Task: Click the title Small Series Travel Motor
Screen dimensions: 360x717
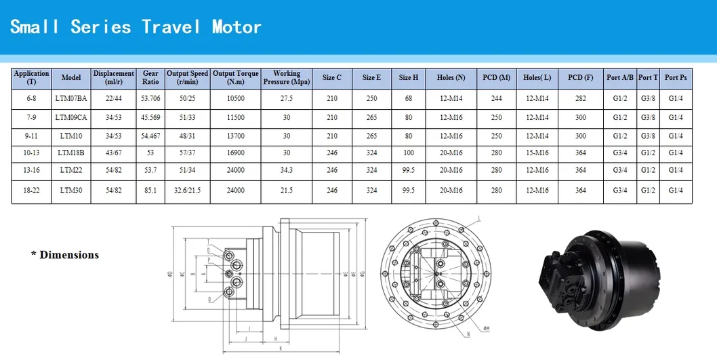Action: click(x=136, y=27)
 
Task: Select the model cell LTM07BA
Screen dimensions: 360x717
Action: click(x=71, y=98)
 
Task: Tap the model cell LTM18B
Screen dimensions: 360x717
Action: click(x=71, y=152)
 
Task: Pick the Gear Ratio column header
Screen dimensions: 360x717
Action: click(x=151, y=77)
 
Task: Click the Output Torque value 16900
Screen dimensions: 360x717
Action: click(x=235, y=152)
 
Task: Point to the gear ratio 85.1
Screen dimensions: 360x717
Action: click(x=150, y=191)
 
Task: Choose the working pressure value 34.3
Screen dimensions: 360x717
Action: click(x=286, y=170)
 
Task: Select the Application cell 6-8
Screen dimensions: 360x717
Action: click(x=32, y=98)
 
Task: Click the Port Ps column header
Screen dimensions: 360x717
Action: click(x=676, y=77)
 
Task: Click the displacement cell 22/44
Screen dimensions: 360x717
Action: click(x=114, y=98)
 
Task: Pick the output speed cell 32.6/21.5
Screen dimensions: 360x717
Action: click(x=187, y=191)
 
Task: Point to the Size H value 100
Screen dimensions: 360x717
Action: click(x=409, y=152)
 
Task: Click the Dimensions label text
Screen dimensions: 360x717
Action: click(x=65, y=255)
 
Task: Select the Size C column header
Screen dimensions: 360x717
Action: click(x=332, y=77)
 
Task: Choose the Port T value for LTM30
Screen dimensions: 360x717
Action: click(x=649, y=191)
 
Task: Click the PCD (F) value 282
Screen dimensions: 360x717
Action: click(x=581, y=98)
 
